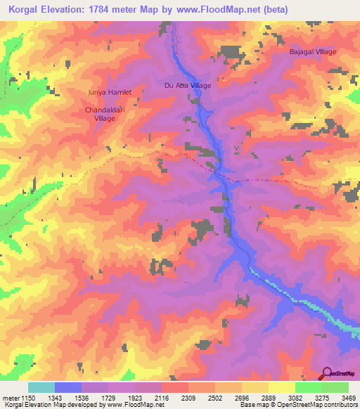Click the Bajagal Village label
[314, 52]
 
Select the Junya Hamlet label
[109, 92]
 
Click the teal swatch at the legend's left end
[41, 387]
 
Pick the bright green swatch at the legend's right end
[335, 387]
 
